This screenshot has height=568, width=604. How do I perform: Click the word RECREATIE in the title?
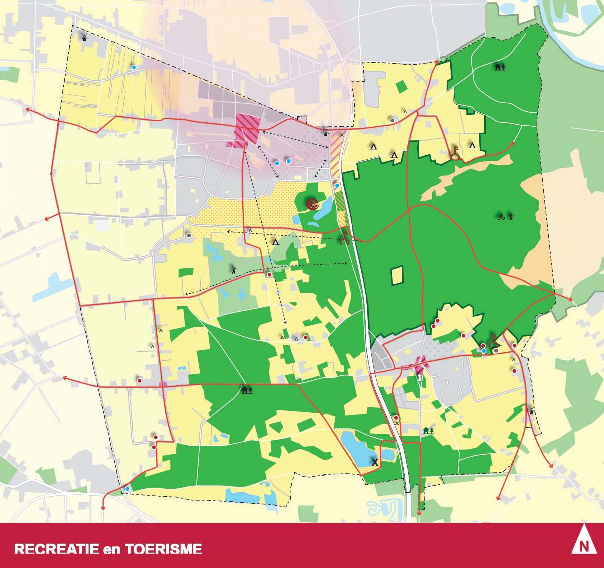tap(57, 549)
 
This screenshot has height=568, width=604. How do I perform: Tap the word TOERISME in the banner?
tap(163, 549)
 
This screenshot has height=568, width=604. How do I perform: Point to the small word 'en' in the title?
tap(111, 549)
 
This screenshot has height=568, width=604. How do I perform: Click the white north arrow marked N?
tap(584, 545)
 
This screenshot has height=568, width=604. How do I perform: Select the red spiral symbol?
tap(313, 204)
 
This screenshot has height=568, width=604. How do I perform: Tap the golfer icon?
tap(234, 269)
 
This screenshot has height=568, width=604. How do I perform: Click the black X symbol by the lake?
tap(375, 462)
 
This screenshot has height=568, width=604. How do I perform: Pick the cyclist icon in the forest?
tap(501, 216)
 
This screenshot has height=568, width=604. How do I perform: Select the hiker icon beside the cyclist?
tap(511, 216)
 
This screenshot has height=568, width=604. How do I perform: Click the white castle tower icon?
tap(419, 377)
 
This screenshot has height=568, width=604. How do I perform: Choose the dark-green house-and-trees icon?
tap(429, 431)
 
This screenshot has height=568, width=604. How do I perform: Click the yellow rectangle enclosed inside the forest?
tap(397, 275)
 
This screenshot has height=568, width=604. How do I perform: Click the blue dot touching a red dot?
tap(484, 351)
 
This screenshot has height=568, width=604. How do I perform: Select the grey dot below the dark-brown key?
tap(496, 351)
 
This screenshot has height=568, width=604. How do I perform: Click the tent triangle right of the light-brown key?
tap(472, 145)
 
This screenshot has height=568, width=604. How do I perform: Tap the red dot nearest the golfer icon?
tap(269, 274)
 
